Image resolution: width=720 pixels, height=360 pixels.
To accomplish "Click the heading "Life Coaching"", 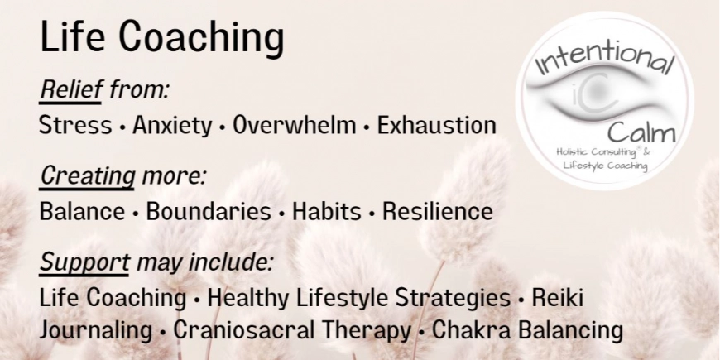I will point(161,38).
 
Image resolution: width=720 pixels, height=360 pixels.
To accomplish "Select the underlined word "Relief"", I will point(70,89).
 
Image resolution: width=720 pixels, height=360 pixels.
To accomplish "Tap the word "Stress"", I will point(75,126).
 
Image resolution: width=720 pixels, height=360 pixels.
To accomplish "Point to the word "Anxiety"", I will point(172,126).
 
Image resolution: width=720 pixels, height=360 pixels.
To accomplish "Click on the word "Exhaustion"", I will point(436,126).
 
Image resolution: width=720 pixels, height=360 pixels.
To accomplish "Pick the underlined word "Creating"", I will point(88,175).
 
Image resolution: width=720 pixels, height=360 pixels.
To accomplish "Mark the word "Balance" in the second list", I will point(81,211).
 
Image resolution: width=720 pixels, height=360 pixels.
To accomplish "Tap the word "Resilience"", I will point(437,211).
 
